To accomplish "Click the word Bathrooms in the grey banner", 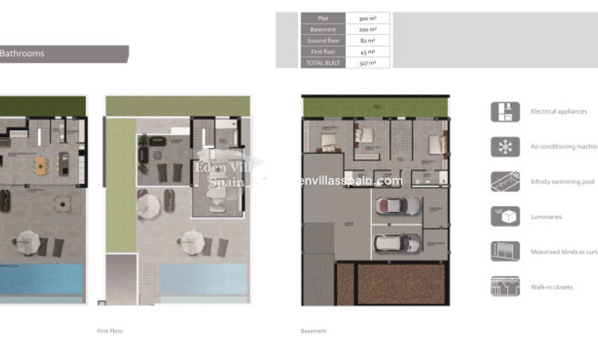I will (x=22, y=54).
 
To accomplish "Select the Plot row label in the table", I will (x=322, y=18).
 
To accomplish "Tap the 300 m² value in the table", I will (x=368, y=18).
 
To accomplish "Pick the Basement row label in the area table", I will (x=322, y=29).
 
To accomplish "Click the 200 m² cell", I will (x=368, y=29).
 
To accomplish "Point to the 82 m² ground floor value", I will (x=368, y=41).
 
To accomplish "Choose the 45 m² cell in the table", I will (x=368, y=52).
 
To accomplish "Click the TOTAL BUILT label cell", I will (x=322, y=63).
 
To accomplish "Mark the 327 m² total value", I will (x=368, y=63).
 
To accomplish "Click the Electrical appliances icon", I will (x=505, y=111).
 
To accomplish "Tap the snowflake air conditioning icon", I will (x=505, y=147).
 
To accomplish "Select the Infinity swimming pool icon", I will (x=505, y=182).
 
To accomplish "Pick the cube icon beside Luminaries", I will (x=505, y=217).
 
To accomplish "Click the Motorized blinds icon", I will (x=505, y=252).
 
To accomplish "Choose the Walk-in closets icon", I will (x=505, y=286).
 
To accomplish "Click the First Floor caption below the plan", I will (x=110, y=331).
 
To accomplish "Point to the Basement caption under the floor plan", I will (x=313, y=331).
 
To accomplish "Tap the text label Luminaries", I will (x=546, y=217).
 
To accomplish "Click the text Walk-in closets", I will (x=551, y=287).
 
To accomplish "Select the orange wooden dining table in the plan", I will (x=41, y=166).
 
